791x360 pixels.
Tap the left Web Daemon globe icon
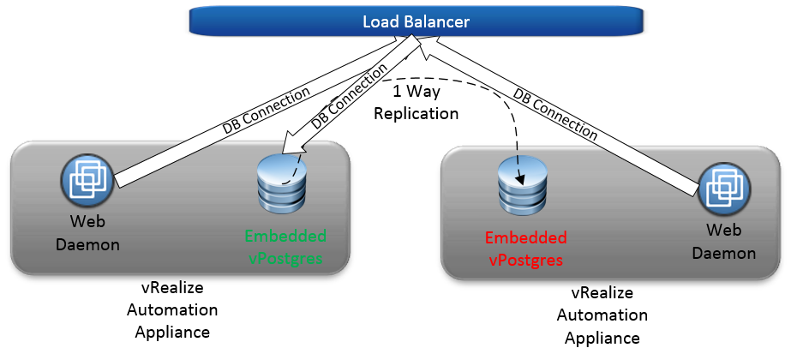coord(87,183)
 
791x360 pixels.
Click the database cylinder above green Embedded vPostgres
coord(281,183)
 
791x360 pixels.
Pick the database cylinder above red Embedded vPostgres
coord(523,185)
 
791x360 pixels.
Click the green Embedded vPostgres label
coord(285,246)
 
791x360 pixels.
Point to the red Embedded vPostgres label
coord(525,248)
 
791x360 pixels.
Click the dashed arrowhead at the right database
coord(521,179)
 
